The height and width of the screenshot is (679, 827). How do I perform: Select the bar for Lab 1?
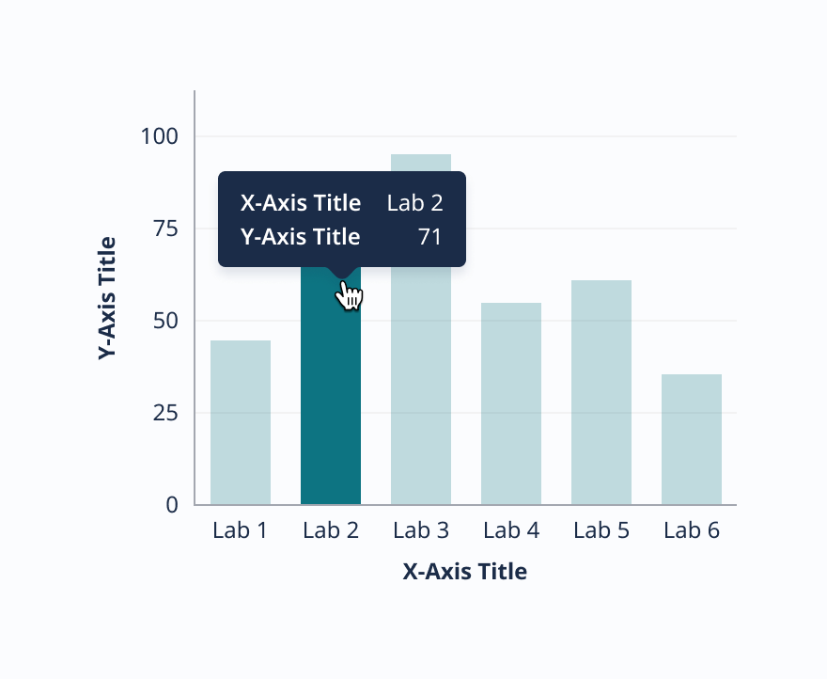(241, 422)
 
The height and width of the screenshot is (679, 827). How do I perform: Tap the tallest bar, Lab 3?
(421, 376)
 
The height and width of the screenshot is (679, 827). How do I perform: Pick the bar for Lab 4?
(511, 403)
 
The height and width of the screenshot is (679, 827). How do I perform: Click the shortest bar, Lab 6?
(692, 439)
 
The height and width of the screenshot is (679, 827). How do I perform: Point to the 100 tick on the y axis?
(159, 136)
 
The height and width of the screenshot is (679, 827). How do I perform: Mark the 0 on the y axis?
(172, 505)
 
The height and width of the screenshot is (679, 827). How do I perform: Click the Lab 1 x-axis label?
(241, 530)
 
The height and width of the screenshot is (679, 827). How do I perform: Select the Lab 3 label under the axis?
(421, 530)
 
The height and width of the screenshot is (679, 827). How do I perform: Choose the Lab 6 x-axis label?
(692, 530)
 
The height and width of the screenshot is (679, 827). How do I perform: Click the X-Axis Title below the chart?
(465, 572)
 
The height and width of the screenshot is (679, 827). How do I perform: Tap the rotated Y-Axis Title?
(107, 298)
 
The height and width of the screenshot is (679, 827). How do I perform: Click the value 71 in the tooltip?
(430, 236)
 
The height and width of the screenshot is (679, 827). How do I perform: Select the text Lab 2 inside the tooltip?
(414, 203)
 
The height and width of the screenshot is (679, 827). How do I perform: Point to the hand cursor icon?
(350, 297)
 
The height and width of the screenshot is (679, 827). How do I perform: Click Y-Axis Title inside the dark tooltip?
(301, 236)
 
